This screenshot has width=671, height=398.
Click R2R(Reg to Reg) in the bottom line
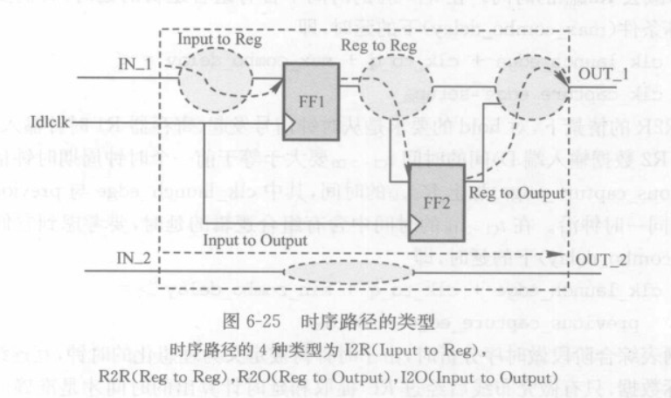click(x=165, y=375)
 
